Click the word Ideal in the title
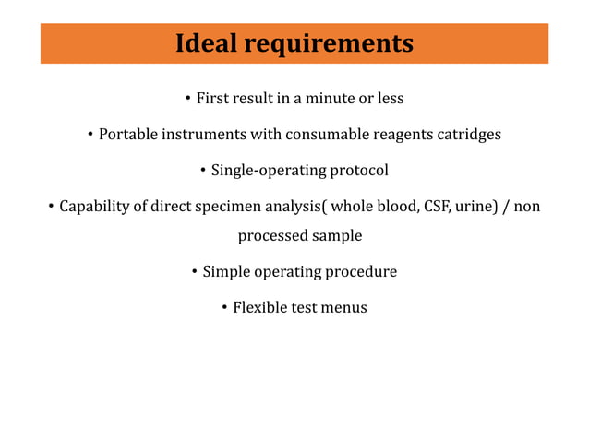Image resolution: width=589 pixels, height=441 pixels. coord(204,43)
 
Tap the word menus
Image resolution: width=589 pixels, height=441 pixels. coord(343,308)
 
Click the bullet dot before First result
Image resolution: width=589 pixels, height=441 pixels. coord(187,99)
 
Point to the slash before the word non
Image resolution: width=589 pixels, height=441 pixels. coord(504,206)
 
